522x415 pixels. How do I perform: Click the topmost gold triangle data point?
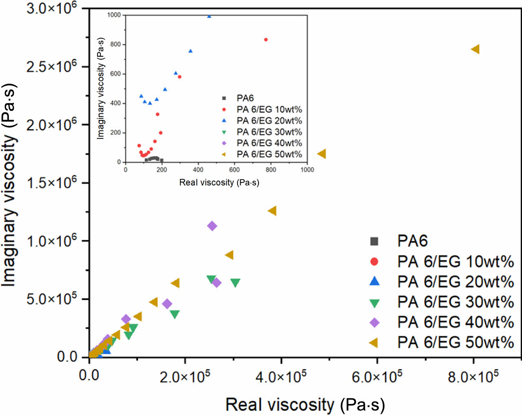475,49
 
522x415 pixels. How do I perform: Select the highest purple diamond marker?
212,226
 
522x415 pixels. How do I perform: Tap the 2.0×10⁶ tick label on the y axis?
51,124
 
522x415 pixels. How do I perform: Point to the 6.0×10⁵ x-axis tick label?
377,376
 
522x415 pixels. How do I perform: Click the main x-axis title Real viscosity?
305,404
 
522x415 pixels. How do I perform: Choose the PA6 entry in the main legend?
412,241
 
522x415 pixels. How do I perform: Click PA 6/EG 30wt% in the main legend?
455,302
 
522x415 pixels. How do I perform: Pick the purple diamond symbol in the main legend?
374,322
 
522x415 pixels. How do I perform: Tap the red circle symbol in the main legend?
374,262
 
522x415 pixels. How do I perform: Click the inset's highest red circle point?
266,40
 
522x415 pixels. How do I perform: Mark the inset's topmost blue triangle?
209,16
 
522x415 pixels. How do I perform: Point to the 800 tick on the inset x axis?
271,169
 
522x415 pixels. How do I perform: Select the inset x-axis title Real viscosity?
219,182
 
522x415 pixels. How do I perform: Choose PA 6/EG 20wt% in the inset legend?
269,121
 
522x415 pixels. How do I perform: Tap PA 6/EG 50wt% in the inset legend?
269,154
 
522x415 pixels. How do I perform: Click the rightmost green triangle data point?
235,282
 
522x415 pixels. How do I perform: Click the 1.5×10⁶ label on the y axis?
51,182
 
